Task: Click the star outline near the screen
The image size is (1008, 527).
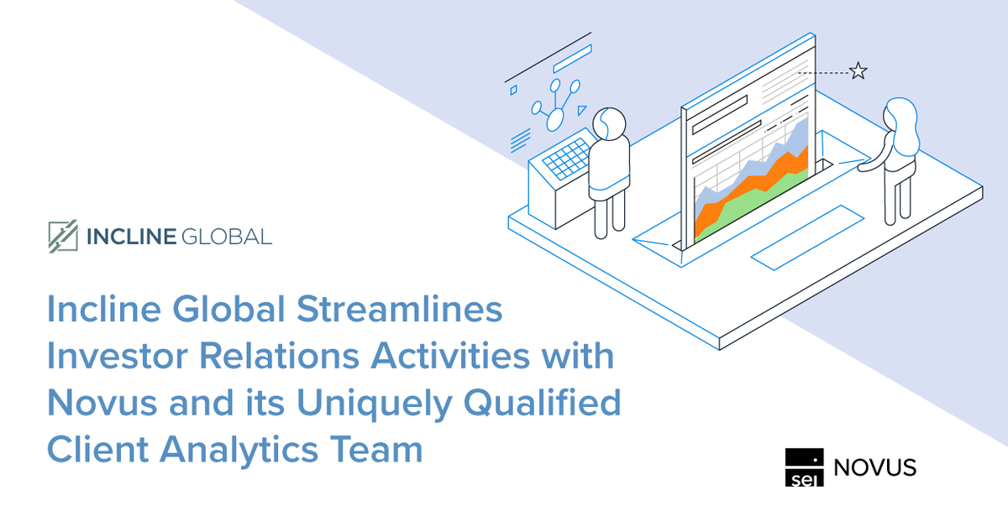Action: click(858, 71)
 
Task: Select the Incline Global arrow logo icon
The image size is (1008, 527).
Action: click(63, 237)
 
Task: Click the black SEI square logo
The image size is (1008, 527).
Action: click(805, 467)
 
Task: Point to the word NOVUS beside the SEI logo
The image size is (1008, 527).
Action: click(874, 467)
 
